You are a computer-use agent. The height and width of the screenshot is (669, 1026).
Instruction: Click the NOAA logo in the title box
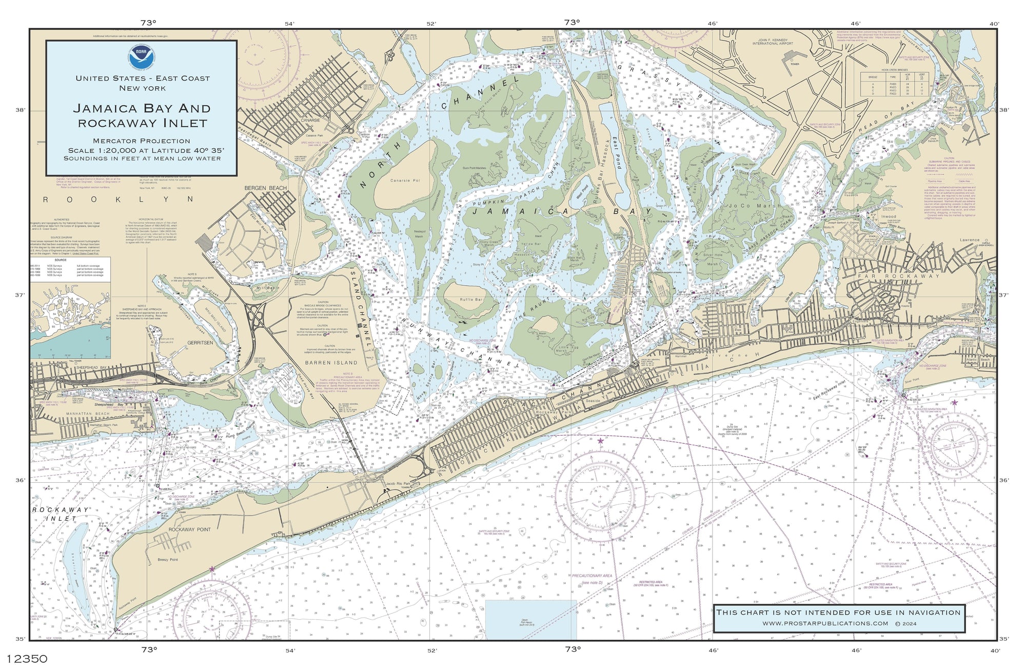(141, 57)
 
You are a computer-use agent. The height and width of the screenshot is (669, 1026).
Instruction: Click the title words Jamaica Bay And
(142, 108)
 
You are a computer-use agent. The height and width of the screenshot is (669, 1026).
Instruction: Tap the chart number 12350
(24, 659)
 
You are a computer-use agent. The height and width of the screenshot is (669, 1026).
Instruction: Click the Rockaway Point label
(189, 529)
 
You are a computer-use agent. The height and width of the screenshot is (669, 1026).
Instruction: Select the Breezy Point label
(168, 560)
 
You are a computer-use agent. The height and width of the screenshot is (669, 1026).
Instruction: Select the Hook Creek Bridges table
(894, 83)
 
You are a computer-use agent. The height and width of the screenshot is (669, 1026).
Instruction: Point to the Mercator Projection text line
(142, 141)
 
